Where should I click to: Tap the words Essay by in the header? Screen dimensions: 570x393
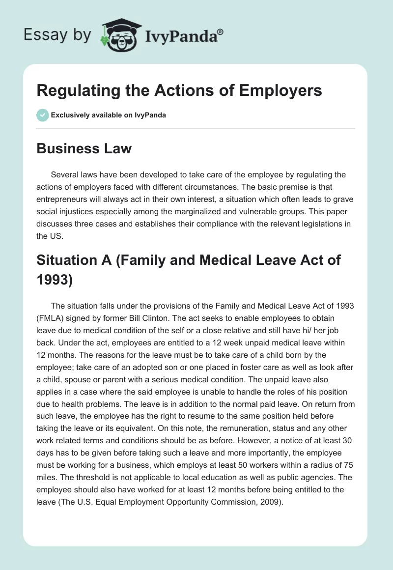click(57, 35)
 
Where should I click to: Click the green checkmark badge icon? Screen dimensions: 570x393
click(42, 115)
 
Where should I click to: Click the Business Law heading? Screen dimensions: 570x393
click(84, 148)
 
